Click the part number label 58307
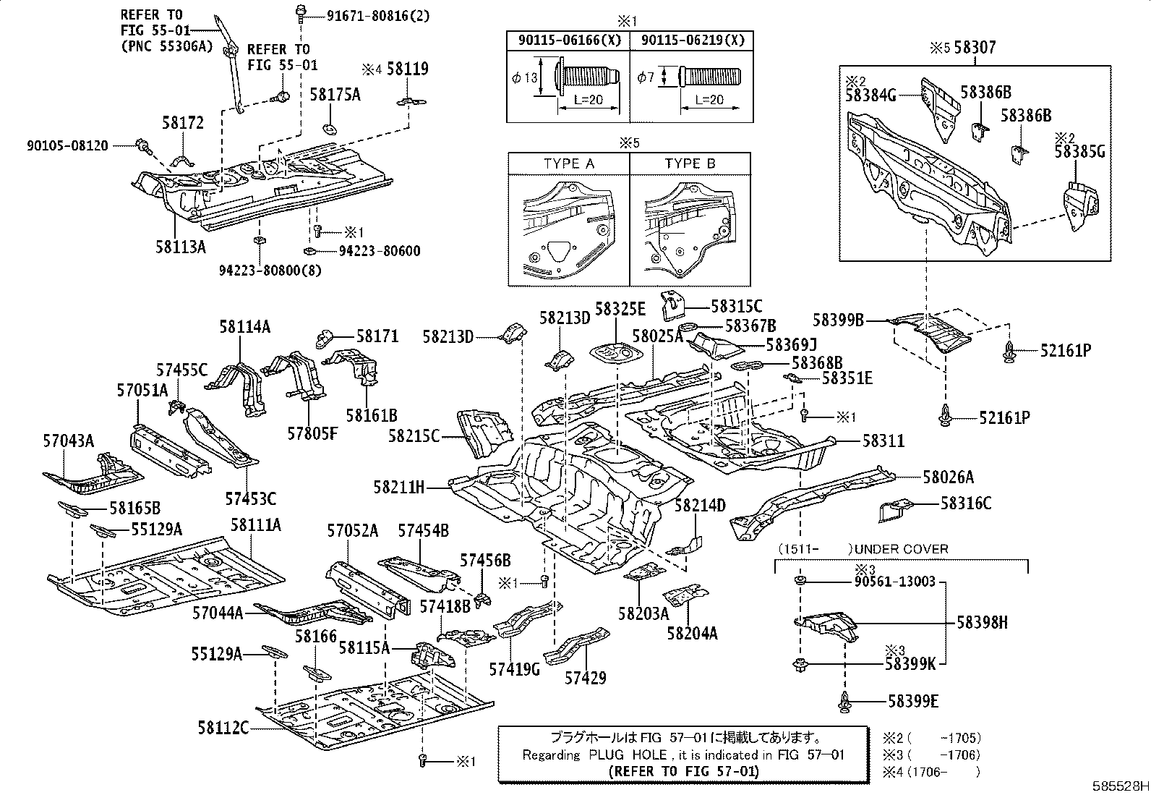point(975,47)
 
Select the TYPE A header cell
point(569,163)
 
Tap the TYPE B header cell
point(690,163)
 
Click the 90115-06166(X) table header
point(569,40)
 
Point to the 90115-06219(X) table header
point(692,40)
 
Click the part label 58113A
point(181,247)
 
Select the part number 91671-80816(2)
point(378,16)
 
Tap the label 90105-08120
point(67,145)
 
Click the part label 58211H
point(399,487)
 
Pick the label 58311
point(883,441)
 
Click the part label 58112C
point(223,728)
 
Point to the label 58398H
point(982,623)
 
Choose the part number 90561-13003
point(894,582)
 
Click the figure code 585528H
point(1120,786)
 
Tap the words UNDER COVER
point(902,549)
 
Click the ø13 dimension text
point(525,77)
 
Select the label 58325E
point(620,309)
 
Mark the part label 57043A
point(69,441)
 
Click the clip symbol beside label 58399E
point(845,702)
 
